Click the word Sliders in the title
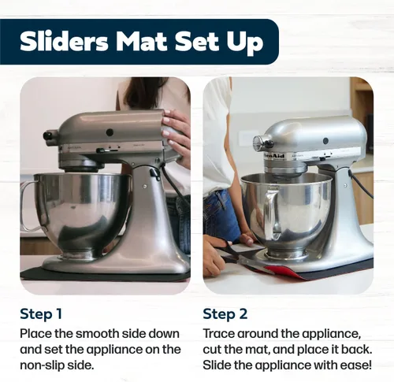(x=64, y=42)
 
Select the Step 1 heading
(x=41, y=314)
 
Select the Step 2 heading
(x=225, y=314)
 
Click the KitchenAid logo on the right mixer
(x=274, y=156)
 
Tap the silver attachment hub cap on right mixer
(x=258, y=144)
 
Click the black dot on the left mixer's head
(x=110, y=132)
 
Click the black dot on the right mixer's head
(x=325, y=141)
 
